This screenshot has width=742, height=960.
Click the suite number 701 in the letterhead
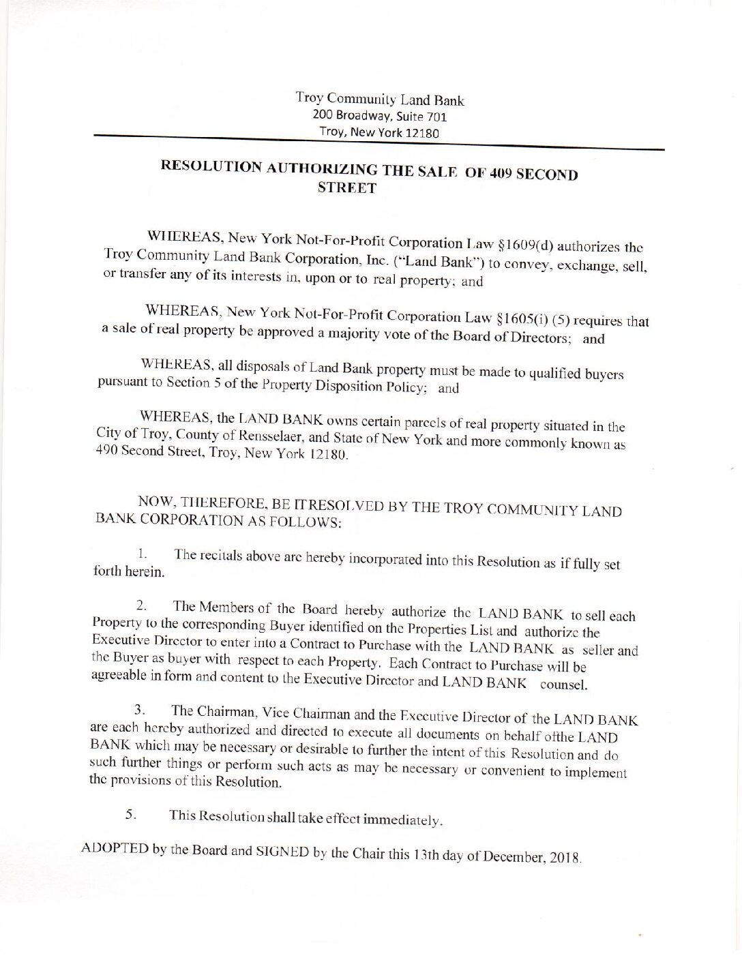pos(437,117)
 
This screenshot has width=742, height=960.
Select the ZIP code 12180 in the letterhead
pos(423,133)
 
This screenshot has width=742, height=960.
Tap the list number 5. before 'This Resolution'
pos(130,813)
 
